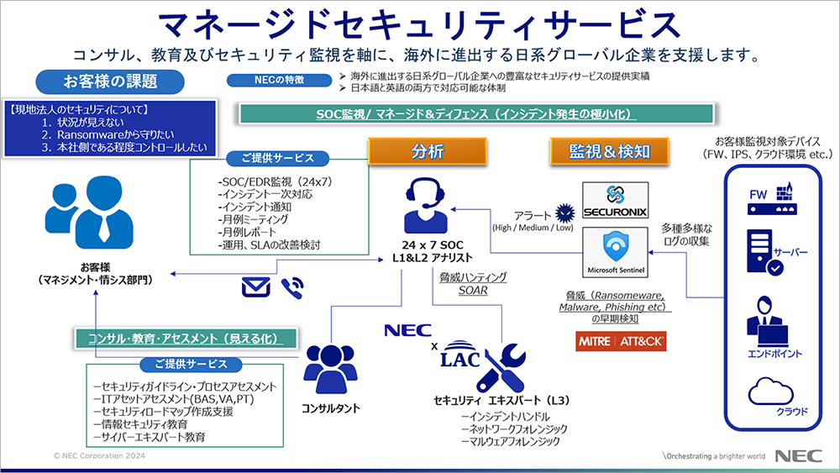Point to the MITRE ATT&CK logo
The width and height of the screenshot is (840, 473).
click(x=617, y=342)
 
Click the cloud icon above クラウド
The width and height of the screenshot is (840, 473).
click(x=769, y=392)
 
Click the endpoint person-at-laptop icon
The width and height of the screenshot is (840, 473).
click(x=767, y=317)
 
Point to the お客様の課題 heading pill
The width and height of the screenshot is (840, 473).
click(x=109, y=81)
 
